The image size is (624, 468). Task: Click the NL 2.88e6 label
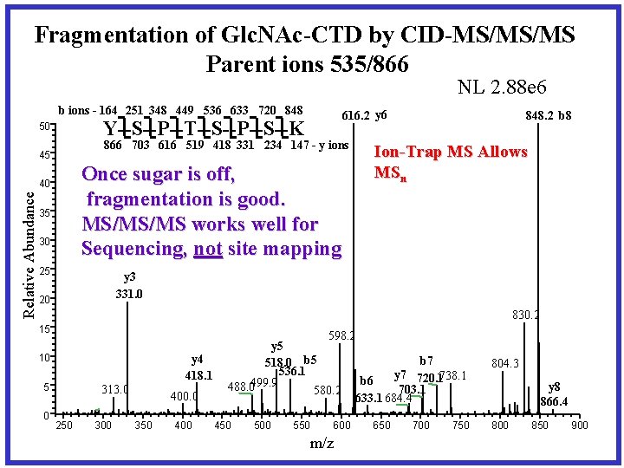[x=507, y=87]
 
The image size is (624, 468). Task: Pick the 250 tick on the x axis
[x=64, y=426]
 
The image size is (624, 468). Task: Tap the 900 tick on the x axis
[x=580, y=426]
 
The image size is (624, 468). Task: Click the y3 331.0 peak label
[x=129, y=285]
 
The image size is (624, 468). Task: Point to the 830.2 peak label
[x=525, y=316]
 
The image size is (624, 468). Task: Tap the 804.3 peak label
[x=505, y=363]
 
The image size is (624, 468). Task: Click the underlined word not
[x=208, y=250]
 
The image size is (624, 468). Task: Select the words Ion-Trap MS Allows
[x=450, y=152]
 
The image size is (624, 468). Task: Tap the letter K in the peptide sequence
[x=297, y=129]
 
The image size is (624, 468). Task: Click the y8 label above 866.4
[x=555, y=387]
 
